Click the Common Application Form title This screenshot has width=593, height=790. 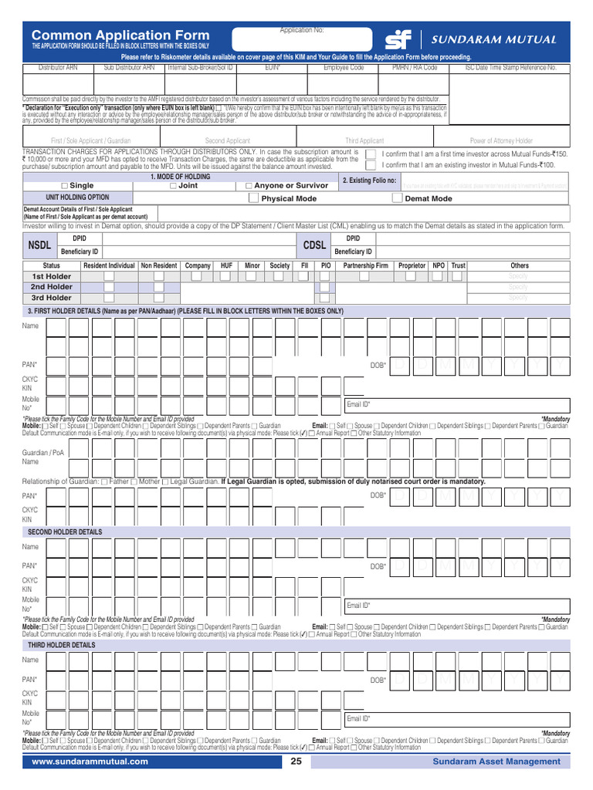(120, 35)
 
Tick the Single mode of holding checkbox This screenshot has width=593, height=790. (64, 186)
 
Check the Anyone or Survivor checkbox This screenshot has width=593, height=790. (249, 186)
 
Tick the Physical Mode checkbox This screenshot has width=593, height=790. (254, 198)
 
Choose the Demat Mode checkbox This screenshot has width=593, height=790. (398, 198)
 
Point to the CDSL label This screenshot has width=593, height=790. (315, 245)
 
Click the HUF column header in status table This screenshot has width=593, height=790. (225, 265)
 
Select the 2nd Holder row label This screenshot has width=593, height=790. (51, 287)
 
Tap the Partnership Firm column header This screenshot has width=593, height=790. (365, 265)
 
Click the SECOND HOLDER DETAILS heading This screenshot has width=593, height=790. (65, 532)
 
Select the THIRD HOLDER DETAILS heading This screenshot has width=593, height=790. (62, 645)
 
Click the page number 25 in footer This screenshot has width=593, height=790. (296, 761)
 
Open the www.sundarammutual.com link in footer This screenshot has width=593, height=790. (90, 761)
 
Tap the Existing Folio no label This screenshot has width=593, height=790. (369, 181)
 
